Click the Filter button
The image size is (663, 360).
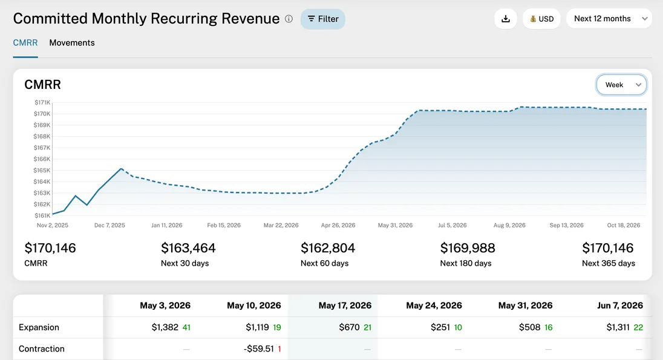tap(322, 19)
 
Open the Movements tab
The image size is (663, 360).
tap(72, 43)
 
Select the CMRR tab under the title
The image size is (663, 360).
tap(25, 43)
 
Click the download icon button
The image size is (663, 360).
tap(506, 19)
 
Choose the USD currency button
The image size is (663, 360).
tap(541, 19)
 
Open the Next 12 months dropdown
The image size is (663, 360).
tap(609, 19)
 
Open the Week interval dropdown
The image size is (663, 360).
tap(621, 85)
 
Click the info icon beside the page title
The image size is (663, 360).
tap(289, 19)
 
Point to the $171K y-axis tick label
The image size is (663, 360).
tap(42, 103)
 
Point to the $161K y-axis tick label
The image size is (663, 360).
tap(42, 215)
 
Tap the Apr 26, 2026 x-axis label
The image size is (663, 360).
tap(338, 225)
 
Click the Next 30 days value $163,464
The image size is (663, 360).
tap(188, 248)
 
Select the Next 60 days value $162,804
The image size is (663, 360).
tap(328, 248)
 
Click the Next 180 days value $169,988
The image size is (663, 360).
tap(468, 248)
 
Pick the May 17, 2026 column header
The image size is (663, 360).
tap(345, 306)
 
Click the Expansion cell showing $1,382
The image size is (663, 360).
tap(165, 327)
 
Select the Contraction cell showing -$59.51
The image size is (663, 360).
tap(261, 349)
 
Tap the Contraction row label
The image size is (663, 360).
tap(42, 349)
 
